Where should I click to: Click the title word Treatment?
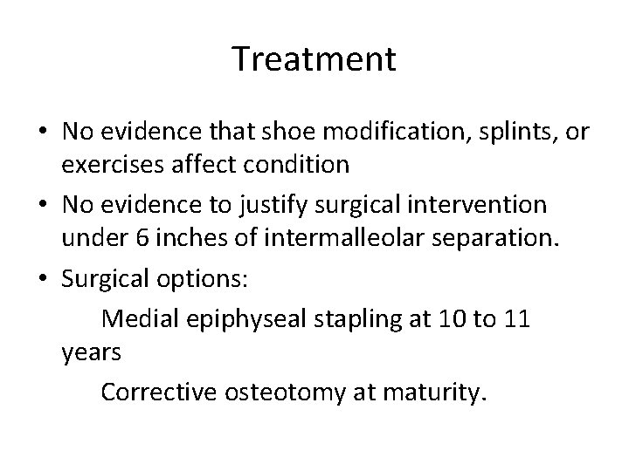314,59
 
